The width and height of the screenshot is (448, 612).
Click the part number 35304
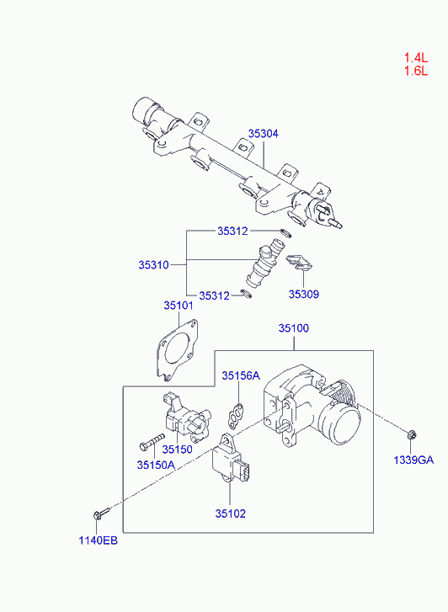coord(264,134)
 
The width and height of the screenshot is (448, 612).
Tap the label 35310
coord(153,265)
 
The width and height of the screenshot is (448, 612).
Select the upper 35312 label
coord(232,231)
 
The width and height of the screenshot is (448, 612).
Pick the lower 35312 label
coord(215,295)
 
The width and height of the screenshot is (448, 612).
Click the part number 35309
coord(304,294)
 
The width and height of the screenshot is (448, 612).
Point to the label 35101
coord(179,306)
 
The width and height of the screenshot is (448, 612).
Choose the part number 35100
coord(294,328)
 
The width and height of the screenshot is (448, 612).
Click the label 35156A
coord(241,375)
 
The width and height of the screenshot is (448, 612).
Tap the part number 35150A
coord(156,465)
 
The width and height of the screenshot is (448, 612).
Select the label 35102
coord(231,514)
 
